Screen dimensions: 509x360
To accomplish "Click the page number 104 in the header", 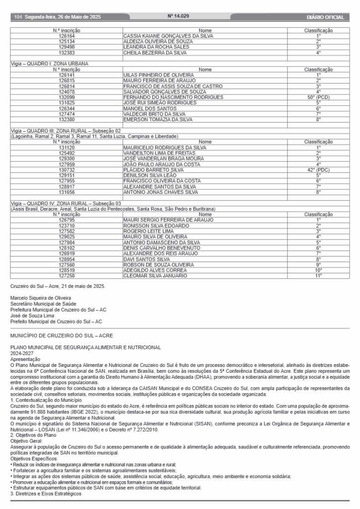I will [x=18, y=17].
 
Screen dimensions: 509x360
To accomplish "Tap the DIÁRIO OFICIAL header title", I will [x=326, y=17].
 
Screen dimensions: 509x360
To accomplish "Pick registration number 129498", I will [x=66, y=47].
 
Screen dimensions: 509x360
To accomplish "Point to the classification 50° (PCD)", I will [x=318, y=97].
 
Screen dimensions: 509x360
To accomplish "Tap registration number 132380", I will [x=66, y=119].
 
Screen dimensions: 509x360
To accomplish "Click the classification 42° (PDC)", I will [x=318, y=170].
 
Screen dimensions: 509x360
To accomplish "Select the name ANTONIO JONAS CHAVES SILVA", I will [x=160, y=192].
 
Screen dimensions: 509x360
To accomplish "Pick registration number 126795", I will [x=66, y=219].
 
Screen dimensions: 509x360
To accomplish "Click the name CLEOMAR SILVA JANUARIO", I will [x=155, y=275].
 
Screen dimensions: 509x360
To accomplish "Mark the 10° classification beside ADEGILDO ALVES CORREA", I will [x=318, y=269].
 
